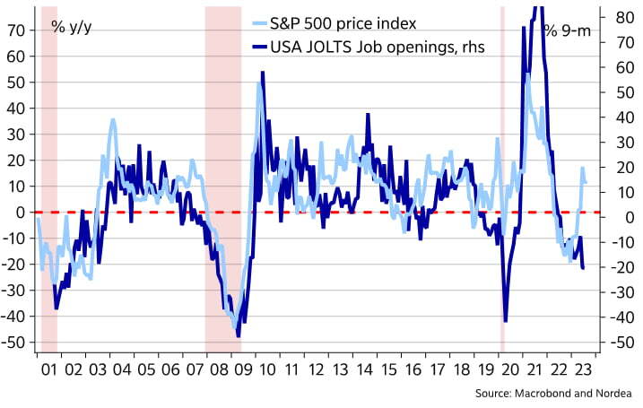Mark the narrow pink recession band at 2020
tap(502, 179)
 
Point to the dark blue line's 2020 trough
tap(506, 320)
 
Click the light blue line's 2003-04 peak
tap(113, 119)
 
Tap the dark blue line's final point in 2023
tap(584, 268)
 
